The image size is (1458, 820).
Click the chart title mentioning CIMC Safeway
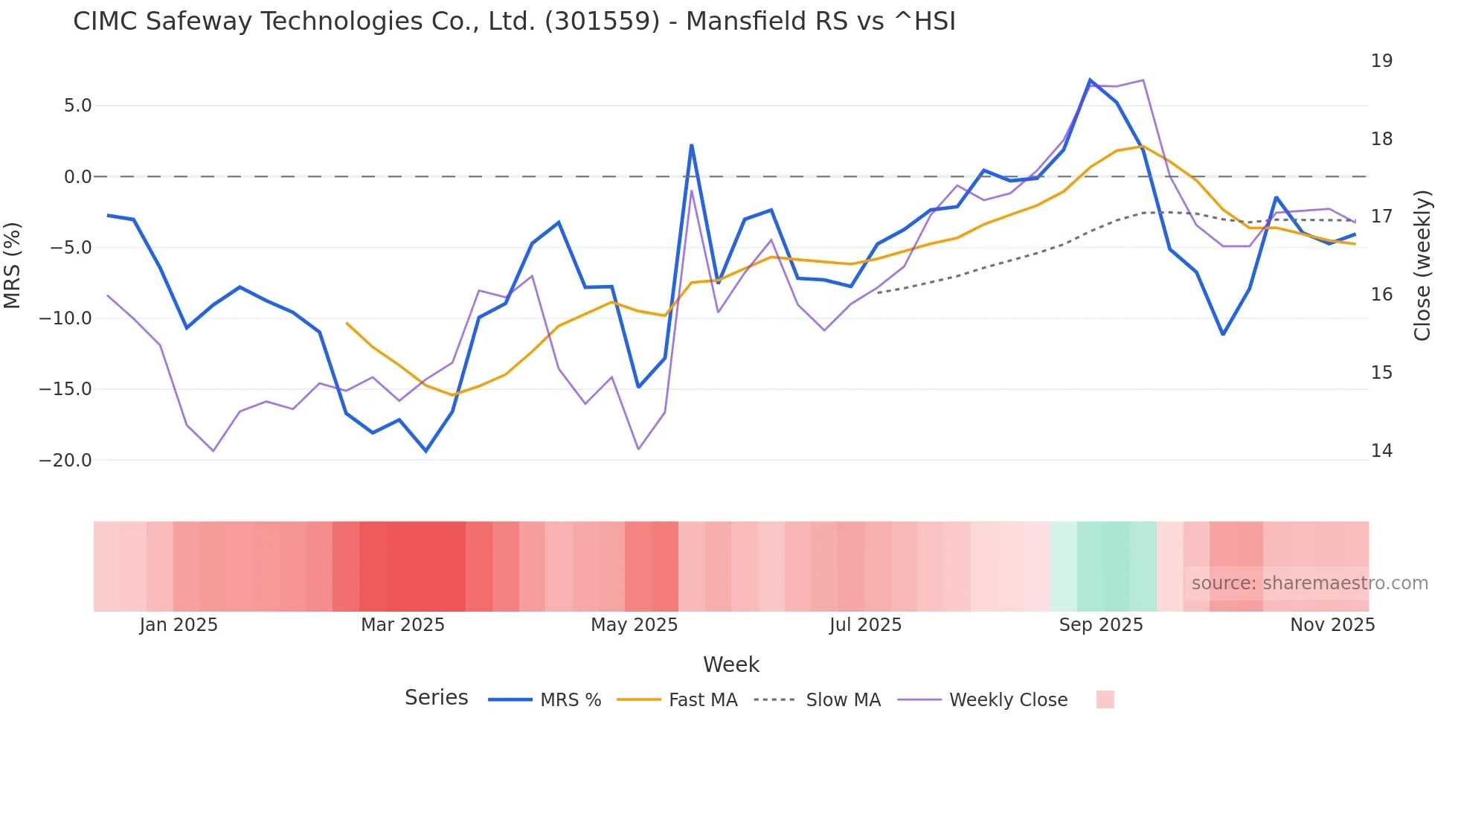(514, 22)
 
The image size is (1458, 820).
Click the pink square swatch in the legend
(1105, 699)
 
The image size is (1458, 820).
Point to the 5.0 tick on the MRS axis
(77, 106)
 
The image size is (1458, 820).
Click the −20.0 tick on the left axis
(65, 461)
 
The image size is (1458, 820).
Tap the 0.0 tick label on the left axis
(77, 177)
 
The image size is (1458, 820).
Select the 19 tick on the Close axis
(1381, 61)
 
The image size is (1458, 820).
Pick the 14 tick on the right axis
(1381, 451)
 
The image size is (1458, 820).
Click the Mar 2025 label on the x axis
(402, 625)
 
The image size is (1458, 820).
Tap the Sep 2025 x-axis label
(1101, 625)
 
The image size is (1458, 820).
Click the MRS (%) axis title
(13, 265)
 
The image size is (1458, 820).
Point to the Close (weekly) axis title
(1422, 266)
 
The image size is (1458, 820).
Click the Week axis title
(730, 664)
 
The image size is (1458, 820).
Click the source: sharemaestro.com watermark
(1309, 583)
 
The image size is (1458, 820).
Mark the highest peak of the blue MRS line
(1090, 80)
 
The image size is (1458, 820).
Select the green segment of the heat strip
(1104, 566)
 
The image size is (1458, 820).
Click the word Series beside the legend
(436, 698)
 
